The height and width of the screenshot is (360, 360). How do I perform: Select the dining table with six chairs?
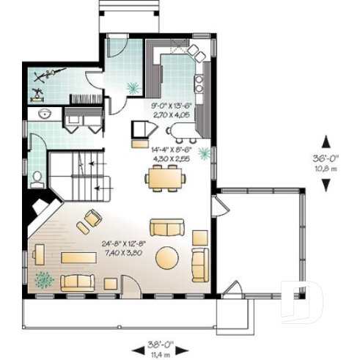click(x=165, y=177)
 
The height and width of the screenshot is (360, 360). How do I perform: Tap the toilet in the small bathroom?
click(x=37, y=177)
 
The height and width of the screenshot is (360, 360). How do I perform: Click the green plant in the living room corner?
click(x=45, y=279)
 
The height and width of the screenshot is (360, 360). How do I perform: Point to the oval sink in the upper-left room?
click(x=44, y=114)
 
